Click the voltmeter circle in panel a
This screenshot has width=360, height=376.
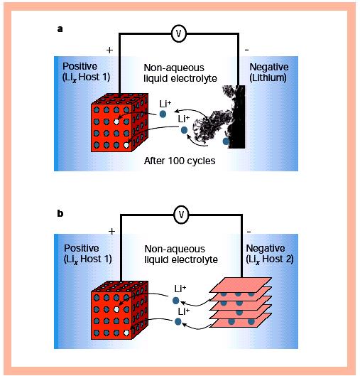pos(179,33)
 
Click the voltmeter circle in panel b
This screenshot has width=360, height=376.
pos(181,214)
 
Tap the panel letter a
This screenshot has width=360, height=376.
pos(60,29)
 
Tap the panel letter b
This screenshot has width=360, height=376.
pos(60,213)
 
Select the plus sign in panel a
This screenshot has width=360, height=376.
pos(109,50)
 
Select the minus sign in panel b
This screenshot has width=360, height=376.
pos(249,232)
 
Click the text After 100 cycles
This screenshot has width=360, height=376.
pos(180,161)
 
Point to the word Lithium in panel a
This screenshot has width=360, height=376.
pos(268,77)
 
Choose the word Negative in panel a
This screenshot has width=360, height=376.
pos(269,67)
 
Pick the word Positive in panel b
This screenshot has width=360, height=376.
pos(82,248)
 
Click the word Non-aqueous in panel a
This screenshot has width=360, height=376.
pos(174,68)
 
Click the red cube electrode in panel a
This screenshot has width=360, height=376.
pos(119,122)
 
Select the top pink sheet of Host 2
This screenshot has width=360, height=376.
pos(241,285)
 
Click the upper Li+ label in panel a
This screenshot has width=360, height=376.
pos(165,104)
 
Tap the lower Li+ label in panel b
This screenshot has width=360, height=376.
pos(184,312)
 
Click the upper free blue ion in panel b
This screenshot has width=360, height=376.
pos(176,301)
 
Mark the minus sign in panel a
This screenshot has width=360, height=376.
pos(247,50)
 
